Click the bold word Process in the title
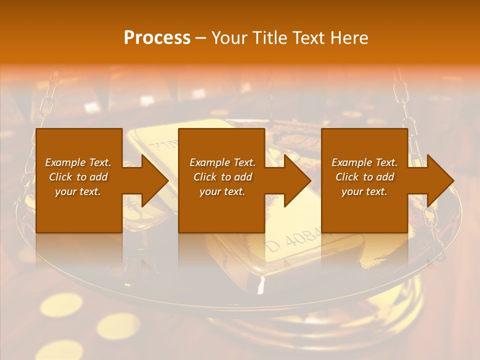(157, 38)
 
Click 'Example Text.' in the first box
(78, 162)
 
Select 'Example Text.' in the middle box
(222, 162)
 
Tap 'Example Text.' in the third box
(364, 162)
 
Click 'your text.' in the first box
(78, 191)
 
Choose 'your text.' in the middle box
(222, 191)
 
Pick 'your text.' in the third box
(364, 191)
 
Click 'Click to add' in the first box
(78, 177)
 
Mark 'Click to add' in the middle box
(222, 177)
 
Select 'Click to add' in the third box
(364, 177)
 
